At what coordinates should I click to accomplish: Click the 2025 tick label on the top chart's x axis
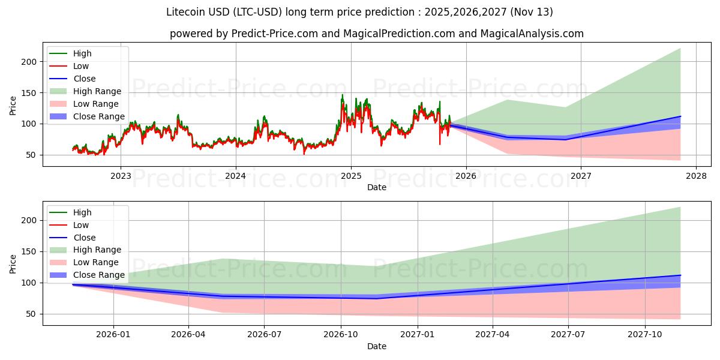coord(350,176)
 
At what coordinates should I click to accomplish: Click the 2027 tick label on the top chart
coord(581,176)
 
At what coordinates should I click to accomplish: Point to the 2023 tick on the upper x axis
coord(121,176)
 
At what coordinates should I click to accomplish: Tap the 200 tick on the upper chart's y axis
coord(29,62)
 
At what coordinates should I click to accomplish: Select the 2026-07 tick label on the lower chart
coord(265,335)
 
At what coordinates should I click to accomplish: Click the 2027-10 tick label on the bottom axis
coord(646,335)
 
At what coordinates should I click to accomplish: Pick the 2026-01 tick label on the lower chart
coord(113,335)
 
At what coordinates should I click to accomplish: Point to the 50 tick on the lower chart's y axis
coord(31,314)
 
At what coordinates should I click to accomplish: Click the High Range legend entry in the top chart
coord(97,91)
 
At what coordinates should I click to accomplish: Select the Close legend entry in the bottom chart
coord(84,238)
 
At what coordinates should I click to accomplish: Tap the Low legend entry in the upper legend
coord(81,66)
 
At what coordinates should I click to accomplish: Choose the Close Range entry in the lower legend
coord(98,275)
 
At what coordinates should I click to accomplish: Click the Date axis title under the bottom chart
coord(376,346)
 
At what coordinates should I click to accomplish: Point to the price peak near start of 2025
coord(343,95)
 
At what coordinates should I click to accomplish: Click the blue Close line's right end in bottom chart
coord(680,275)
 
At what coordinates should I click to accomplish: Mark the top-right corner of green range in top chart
coord(680,49)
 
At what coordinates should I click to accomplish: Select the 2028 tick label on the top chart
coord(696,176)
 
